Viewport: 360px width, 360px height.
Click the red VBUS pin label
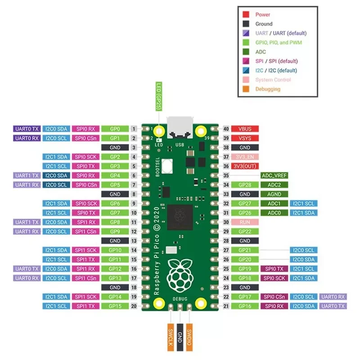(x=244, y=129)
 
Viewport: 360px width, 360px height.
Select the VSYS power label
(x=244, y=138)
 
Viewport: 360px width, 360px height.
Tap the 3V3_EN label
(x=244, y=157)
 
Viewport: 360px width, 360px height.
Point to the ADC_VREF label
(x=274, y=175)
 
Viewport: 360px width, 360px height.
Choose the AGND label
(x=274, y=194)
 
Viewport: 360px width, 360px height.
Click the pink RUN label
(x=244, y=222)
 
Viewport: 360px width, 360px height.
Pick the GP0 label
(x=115, y=129)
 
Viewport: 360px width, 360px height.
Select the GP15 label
(x=115, y=306)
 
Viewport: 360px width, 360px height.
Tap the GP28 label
(x=244, y=185)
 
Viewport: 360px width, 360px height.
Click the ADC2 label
(x=274, y=185)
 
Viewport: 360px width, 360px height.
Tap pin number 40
(x=226, y=129)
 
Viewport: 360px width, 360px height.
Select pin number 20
(x=134, y=306)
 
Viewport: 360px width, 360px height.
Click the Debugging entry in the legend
(x=267, y=89)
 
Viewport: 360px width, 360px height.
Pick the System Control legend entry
(x=273, y=80)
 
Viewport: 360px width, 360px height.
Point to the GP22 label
(x=244, y=231)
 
